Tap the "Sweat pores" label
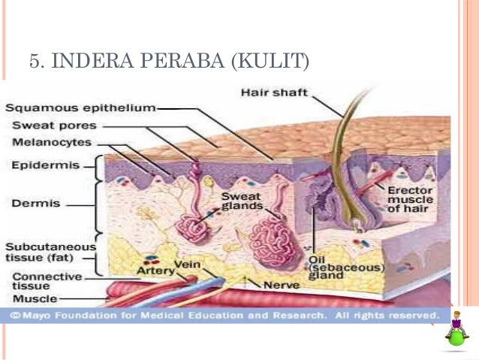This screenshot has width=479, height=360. (x=55, y=125)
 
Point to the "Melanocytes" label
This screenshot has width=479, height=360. (x=52, y=142)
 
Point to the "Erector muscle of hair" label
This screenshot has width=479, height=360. (x=410, y=199)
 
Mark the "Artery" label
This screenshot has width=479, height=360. (x=155, y=270)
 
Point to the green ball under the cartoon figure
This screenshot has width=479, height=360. (x=456, y=337)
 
